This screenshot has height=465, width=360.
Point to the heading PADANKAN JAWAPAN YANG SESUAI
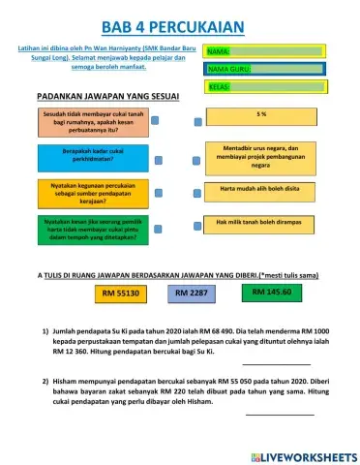(102, 98)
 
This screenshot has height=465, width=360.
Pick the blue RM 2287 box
(195, 292)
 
